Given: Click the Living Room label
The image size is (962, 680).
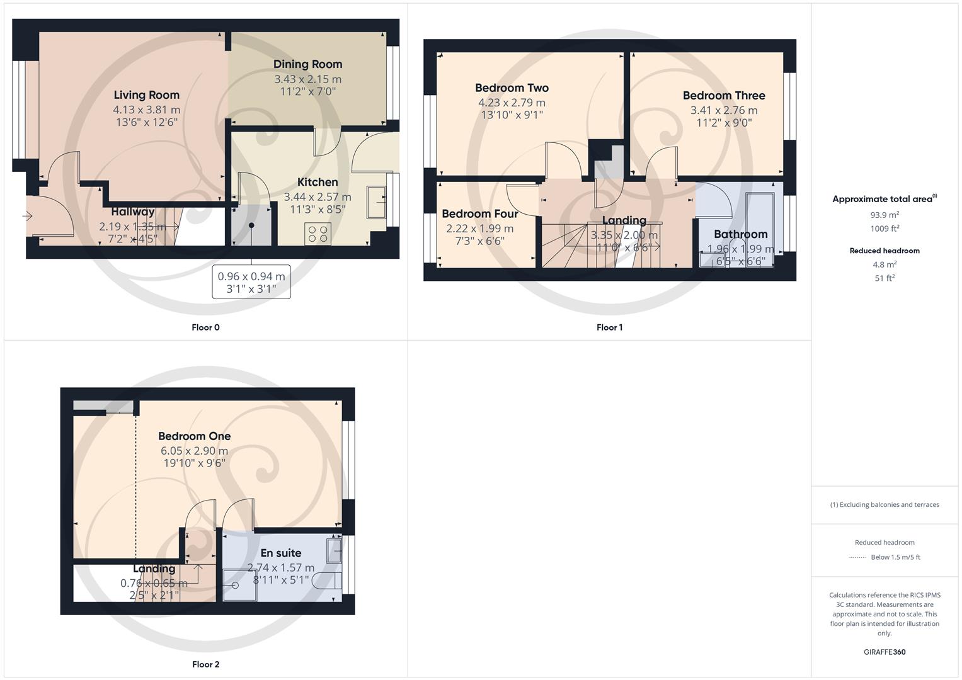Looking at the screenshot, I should tap(146, 95).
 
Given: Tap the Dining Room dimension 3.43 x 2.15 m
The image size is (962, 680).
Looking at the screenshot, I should tap(307, 79).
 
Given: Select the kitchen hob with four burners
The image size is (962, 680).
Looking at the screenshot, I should tap(318, 234).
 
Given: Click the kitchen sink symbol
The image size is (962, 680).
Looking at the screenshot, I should tap(377, 201).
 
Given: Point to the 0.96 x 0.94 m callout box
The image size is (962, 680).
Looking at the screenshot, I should tap(251, 282).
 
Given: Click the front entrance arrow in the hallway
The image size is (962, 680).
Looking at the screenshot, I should tap(27, 216).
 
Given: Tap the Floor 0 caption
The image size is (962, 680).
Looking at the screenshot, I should tap(205, 327).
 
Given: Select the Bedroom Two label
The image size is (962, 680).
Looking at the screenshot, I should tap(512, 88).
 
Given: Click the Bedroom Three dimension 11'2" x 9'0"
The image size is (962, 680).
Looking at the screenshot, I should tap(724, 123).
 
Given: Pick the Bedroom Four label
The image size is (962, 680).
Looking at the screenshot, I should tap(479, 214).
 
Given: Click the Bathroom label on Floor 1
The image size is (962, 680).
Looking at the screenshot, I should tap(740, 234).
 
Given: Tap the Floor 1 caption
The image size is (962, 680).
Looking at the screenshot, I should tap(609, 327).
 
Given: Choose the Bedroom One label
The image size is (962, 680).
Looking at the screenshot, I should tap(194, 436).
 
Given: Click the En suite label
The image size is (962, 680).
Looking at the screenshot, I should tap(280, 553).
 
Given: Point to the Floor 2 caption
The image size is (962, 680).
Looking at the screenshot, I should tap(205, 664).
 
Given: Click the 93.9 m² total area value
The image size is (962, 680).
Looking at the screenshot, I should tap(885, 215).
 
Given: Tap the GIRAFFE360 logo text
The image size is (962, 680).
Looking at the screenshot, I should tap(885, 652).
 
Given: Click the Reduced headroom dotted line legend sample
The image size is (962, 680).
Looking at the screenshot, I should tap(857, 557).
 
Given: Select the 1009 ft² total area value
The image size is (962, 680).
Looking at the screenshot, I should tap(885, 229).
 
